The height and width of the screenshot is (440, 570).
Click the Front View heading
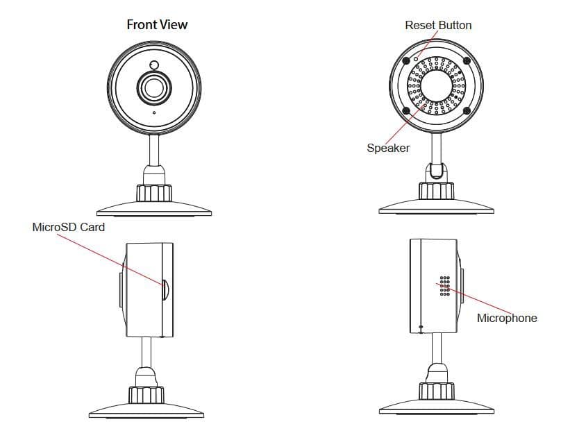click(157, 25)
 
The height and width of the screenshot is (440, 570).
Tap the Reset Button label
click(438, 25)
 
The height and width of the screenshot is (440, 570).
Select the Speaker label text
click(388, 148)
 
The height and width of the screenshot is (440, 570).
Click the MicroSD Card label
click(68, 227)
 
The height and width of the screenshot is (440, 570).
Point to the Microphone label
click(507, 318)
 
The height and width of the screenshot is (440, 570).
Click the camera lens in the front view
click(154, 87)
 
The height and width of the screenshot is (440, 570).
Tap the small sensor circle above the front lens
click(154, 65)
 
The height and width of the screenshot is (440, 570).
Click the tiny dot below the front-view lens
click(154, 112)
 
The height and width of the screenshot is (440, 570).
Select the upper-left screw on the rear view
click(406, 60)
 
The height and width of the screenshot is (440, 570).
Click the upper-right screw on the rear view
click(467, 60)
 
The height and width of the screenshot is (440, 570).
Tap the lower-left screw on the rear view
click(406, 110)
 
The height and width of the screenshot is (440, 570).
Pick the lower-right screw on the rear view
click(467, 110)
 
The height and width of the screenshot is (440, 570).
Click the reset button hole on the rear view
click(417, 58)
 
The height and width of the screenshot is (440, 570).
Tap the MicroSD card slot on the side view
click(165, 289)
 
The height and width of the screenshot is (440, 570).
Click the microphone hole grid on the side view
click(445, 285)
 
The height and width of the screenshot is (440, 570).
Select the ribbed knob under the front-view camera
click(154, 193)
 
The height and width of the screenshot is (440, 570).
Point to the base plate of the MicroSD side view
click(146, 411)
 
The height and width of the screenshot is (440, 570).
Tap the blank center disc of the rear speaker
click(437, 85)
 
